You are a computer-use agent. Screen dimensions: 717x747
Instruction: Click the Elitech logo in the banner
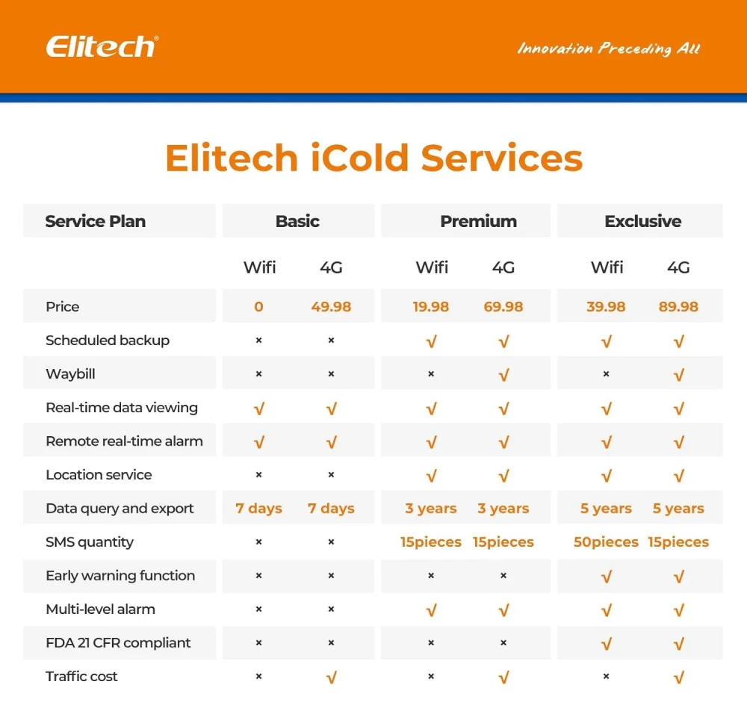pos(102,46)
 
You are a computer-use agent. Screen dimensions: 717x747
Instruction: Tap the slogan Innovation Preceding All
pos(609,49)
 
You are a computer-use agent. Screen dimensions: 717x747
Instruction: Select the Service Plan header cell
pos(96,221)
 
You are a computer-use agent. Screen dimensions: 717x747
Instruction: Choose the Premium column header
pos(478,221)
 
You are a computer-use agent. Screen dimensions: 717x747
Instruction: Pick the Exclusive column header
pos(642,221)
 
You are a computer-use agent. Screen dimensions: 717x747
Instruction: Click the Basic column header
pos(297,221)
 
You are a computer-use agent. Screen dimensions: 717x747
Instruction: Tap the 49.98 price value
pos(331,307)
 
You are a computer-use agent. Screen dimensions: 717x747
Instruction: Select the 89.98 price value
pos(678,307)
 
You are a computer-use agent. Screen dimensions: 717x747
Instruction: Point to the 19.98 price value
pos(431,307)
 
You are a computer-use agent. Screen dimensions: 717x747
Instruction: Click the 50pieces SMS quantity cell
pos(606,542)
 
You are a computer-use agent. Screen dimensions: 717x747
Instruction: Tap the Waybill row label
pos(70,374)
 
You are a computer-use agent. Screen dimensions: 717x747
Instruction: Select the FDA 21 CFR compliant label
pos(118,643)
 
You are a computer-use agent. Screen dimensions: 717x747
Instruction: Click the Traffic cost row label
pos(81,677)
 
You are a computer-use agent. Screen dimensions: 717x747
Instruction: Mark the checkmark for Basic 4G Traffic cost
pos(331,677)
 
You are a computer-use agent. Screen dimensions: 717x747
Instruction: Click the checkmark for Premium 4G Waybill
pos(503,375)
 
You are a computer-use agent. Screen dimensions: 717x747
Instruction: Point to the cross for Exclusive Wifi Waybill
pos(606,374)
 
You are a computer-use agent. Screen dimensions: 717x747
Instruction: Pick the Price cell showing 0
pos(258,307)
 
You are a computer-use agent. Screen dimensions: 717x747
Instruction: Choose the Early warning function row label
pos(120,576)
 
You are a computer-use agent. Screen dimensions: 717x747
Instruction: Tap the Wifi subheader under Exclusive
pos(607,267)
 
